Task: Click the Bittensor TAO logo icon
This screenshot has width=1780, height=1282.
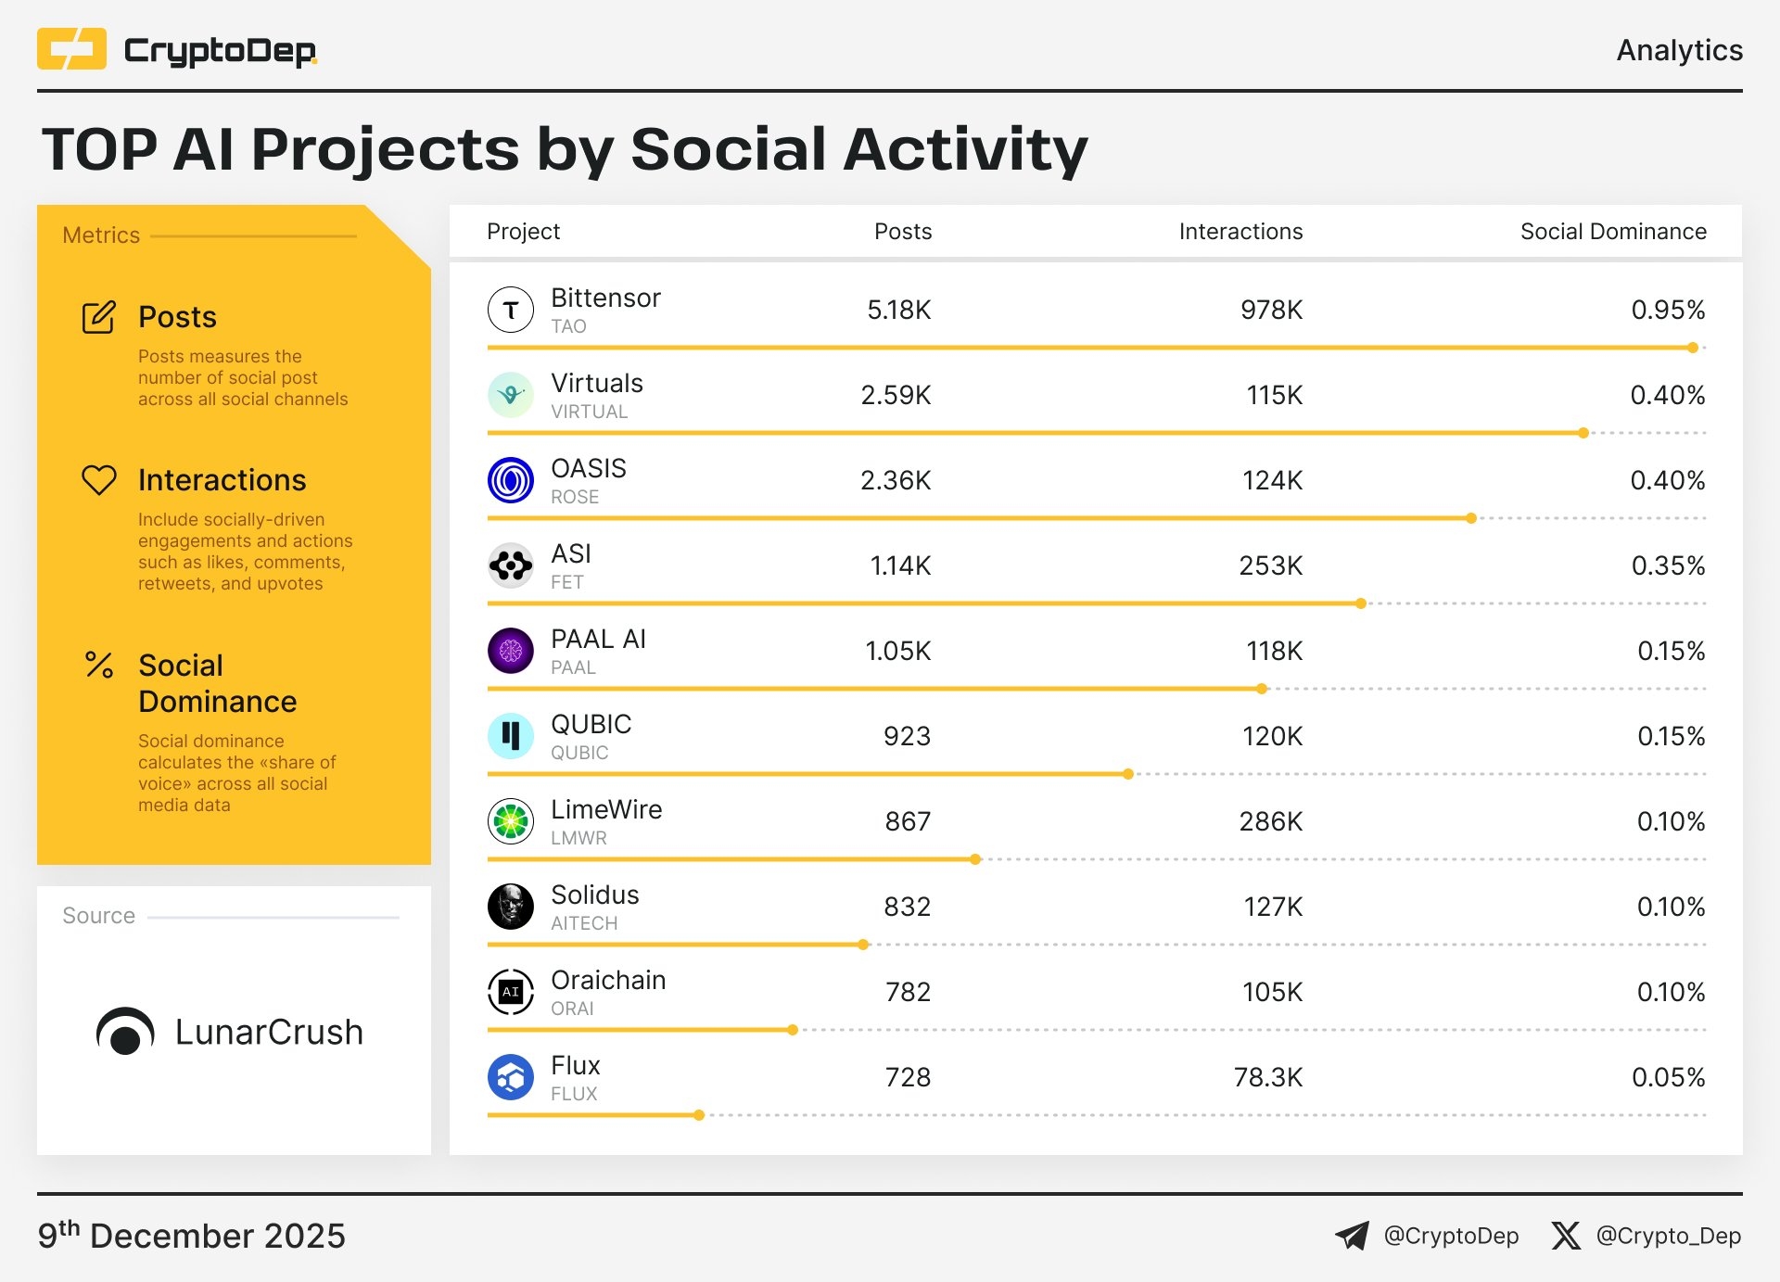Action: (x=510, y=310)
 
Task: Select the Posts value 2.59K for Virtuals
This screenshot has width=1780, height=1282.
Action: (x=895, y=395)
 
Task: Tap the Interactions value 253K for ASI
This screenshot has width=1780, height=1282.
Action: (x=1270, y=565)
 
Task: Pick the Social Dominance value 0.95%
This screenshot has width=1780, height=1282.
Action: (x=1667, y=310)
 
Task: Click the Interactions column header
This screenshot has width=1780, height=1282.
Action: (x=1240, y=232)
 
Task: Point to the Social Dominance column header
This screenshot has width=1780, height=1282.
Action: (x=1612, y=232)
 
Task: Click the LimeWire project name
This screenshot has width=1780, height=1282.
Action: (x=605, y=809)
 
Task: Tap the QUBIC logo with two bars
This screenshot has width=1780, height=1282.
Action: (x=510, y=736)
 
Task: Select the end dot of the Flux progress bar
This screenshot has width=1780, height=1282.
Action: (x=699, y=1115)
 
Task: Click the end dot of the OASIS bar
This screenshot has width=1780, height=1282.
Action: (x=1471, y=518)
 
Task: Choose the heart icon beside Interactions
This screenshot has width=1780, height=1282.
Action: (x=99, y=479)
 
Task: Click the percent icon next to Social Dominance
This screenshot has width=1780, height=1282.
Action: (x=99, y=665)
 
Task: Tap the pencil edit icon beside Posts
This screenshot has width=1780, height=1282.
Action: (x=99, y=317)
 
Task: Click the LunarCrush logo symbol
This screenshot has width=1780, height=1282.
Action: (x=125, y=1032)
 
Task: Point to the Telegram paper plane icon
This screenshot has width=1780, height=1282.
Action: (x=1352, y=1236)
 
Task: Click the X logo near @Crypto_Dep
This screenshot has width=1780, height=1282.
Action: (x=1566, y=1236)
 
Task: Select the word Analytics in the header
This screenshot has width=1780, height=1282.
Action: (x=1679, y=50)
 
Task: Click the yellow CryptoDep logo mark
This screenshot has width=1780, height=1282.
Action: (x=71, y=49)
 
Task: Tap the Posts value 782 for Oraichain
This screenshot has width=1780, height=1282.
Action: (x=907, y=992)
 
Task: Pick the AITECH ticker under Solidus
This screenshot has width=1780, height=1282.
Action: (x=583, y=923)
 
